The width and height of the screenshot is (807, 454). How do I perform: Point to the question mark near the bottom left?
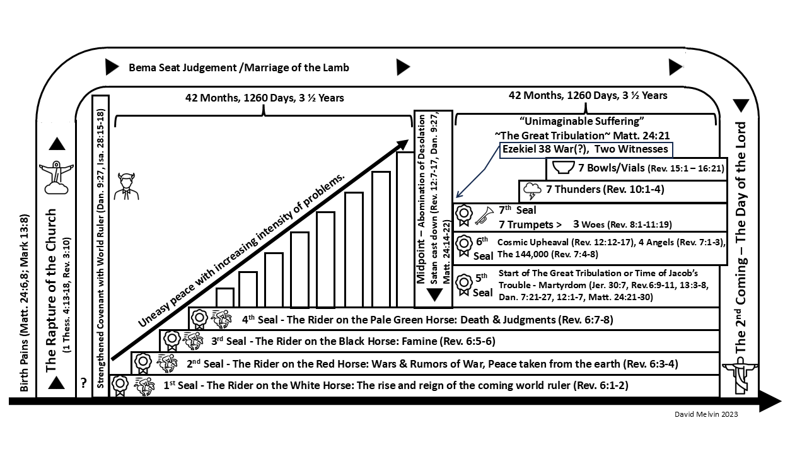83,383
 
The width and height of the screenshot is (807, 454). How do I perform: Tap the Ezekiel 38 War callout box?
586,149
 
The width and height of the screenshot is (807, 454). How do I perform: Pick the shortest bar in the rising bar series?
225,298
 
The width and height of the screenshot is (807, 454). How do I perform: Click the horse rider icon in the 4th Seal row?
222,320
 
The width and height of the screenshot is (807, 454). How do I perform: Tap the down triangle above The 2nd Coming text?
741,106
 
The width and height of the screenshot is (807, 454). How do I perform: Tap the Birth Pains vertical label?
24,303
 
